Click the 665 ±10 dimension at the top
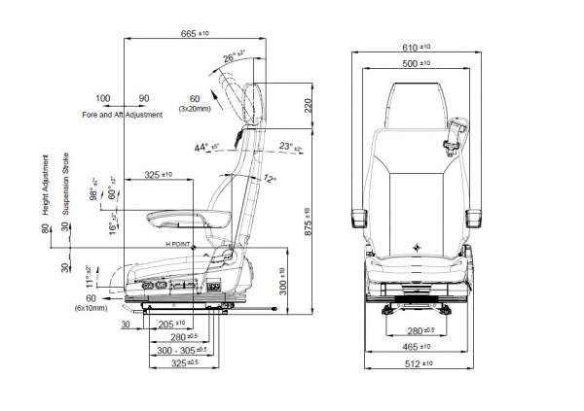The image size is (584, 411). coord(199,33)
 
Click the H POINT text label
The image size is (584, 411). coord(181,243)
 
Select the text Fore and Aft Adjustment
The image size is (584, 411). coord(123,115)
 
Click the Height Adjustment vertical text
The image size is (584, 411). coord(45,185)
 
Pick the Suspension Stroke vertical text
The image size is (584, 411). coord(66,185)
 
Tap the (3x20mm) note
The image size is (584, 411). coord(195,109)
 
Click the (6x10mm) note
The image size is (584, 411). coord(91,307)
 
